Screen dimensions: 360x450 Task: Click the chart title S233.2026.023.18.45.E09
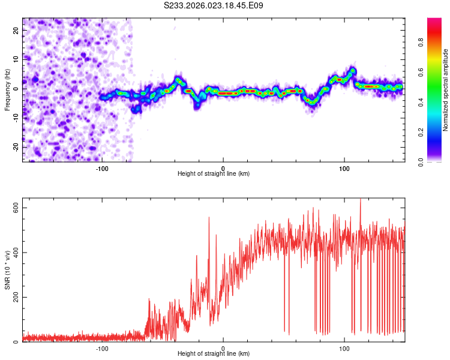click(214, 5)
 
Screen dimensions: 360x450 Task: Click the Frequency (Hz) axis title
click(7, 89)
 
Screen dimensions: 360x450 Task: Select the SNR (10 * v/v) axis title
click(7, 269)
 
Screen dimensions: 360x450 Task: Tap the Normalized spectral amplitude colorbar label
click(446, 90)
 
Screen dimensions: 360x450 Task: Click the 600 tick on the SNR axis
click(16, 208)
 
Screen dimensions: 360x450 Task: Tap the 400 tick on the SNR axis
click(16, 253)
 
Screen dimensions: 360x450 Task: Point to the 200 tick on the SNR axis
click(16, 298)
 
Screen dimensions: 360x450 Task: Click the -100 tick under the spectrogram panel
click(101, 168)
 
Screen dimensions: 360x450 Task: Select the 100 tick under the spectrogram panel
click(344, 168)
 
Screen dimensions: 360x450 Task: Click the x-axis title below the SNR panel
click(214, 355)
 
